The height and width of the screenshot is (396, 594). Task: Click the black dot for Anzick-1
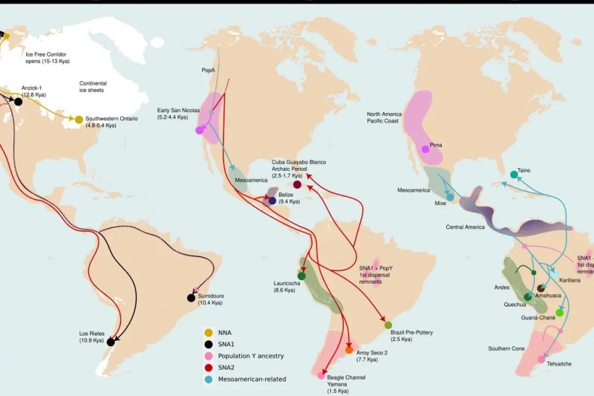(17, 102)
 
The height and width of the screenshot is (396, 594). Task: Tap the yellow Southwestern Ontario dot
(78, 120)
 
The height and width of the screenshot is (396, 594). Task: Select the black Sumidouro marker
(191, 298)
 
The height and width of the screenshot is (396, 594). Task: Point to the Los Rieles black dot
(111, 343)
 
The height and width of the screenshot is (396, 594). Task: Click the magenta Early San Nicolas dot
(199, 130)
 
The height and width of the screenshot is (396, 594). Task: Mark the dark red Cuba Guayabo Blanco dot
(298, 184)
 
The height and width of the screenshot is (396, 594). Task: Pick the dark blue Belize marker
(272, 201)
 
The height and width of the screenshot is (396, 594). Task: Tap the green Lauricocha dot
(301, 276)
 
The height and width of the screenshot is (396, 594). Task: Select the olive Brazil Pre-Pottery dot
(388, 325)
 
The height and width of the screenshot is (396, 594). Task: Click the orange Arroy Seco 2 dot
(349, 350)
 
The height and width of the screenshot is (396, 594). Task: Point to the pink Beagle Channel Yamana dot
(321, 376)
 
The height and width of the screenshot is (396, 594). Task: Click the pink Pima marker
(425, 149)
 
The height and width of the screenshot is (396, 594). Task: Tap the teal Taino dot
(514, 175)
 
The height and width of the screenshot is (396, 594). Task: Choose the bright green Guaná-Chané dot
(560, 313)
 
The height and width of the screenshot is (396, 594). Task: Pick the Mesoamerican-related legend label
(252, 379)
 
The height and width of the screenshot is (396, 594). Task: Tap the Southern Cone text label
(509, 348)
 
